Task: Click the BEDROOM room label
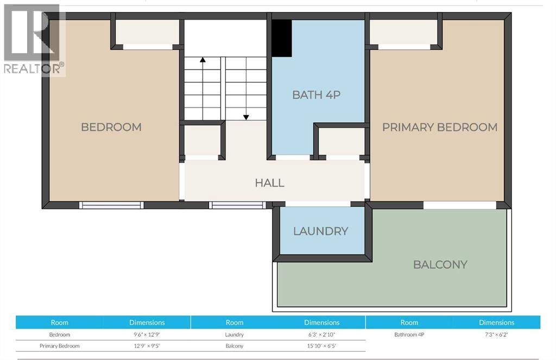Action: [111, 127]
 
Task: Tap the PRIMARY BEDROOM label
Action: [440, 127]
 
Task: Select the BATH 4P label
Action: [316, 94]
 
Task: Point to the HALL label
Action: [270, 182]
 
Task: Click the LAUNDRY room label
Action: [320, 231]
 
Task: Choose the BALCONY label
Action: [440, 264]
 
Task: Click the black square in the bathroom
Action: [282, 38]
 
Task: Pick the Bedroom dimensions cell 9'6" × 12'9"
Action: [147, 334]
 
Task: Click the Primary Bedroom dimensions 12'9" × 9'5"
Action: [147, 346]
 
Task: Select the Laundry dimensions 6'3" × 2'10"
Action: [321, 334]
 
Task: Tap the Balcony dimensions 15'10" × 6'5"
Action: [321, 346]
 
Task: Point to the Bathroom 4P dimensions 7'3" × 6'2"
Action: [496, 334]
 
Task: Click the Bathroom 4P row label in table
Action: [409, 334]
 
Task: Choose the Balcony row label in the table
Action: [235, 346]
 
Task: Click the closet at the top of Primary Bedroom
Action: [405, 32]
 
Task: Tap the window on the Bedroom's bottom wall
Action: [111, 205]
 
